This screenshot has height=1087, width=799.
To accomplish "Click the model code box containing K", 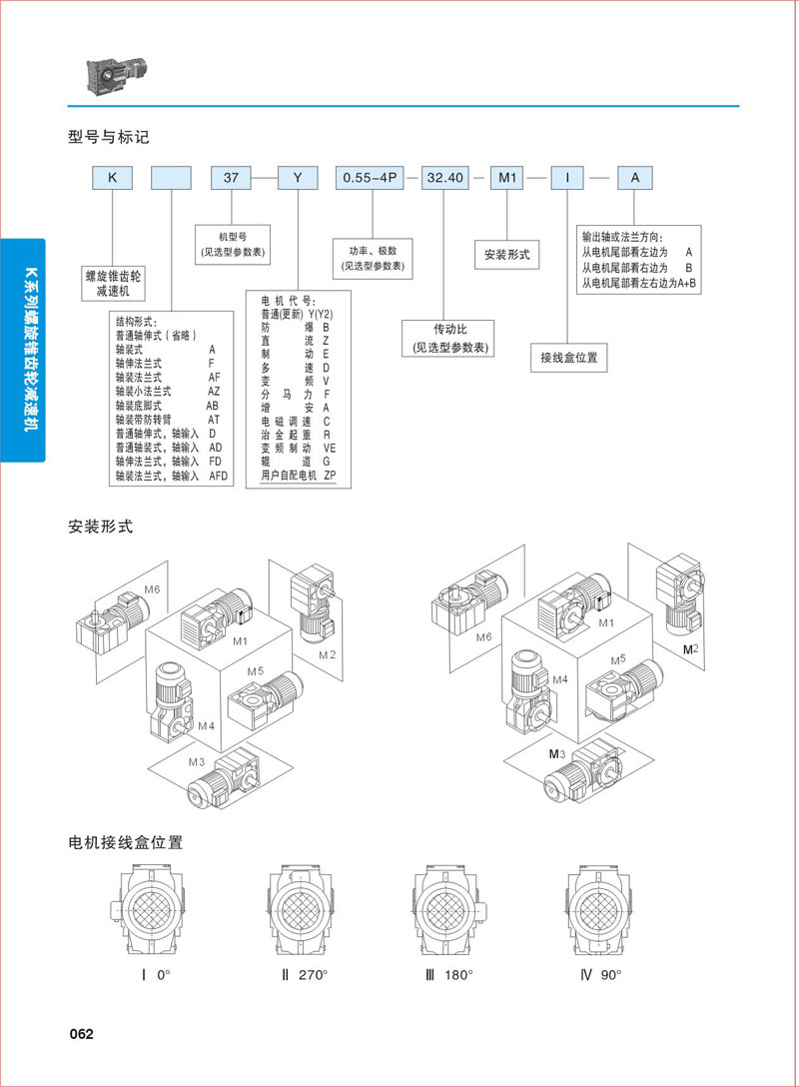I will [x=113, y=178].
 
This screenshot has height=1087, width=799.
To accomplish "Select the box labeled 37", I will [x=231, y=178].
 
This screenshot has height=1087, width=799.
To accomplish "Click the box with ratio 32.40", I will [x=444, y=178].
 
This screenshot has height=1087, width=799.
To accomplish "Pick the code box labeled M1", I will [x=507, y=178].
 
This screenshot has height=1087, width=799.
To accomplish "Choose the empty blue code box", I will [x=171, y=178].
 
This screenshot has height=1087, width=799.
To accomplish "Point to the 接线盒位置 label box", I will [x=568, y=358].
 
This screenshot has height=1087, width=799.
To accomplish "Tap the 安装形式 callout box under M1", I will [x=506, y=255].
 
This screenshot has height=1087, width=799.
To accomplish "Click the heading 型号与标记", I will [x=109, y=137].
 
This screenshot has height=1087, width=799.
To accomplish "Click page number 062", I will [x=81, y=1034].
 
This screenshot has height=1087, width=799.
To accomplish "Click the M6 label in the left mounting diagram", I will [x=151, y=589].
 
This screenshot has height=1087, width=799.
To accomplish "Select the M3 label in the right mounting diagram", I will [x=557, y=754].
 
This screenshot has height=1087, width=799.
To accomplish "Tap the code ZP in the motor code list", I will [x=330, y=477].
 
